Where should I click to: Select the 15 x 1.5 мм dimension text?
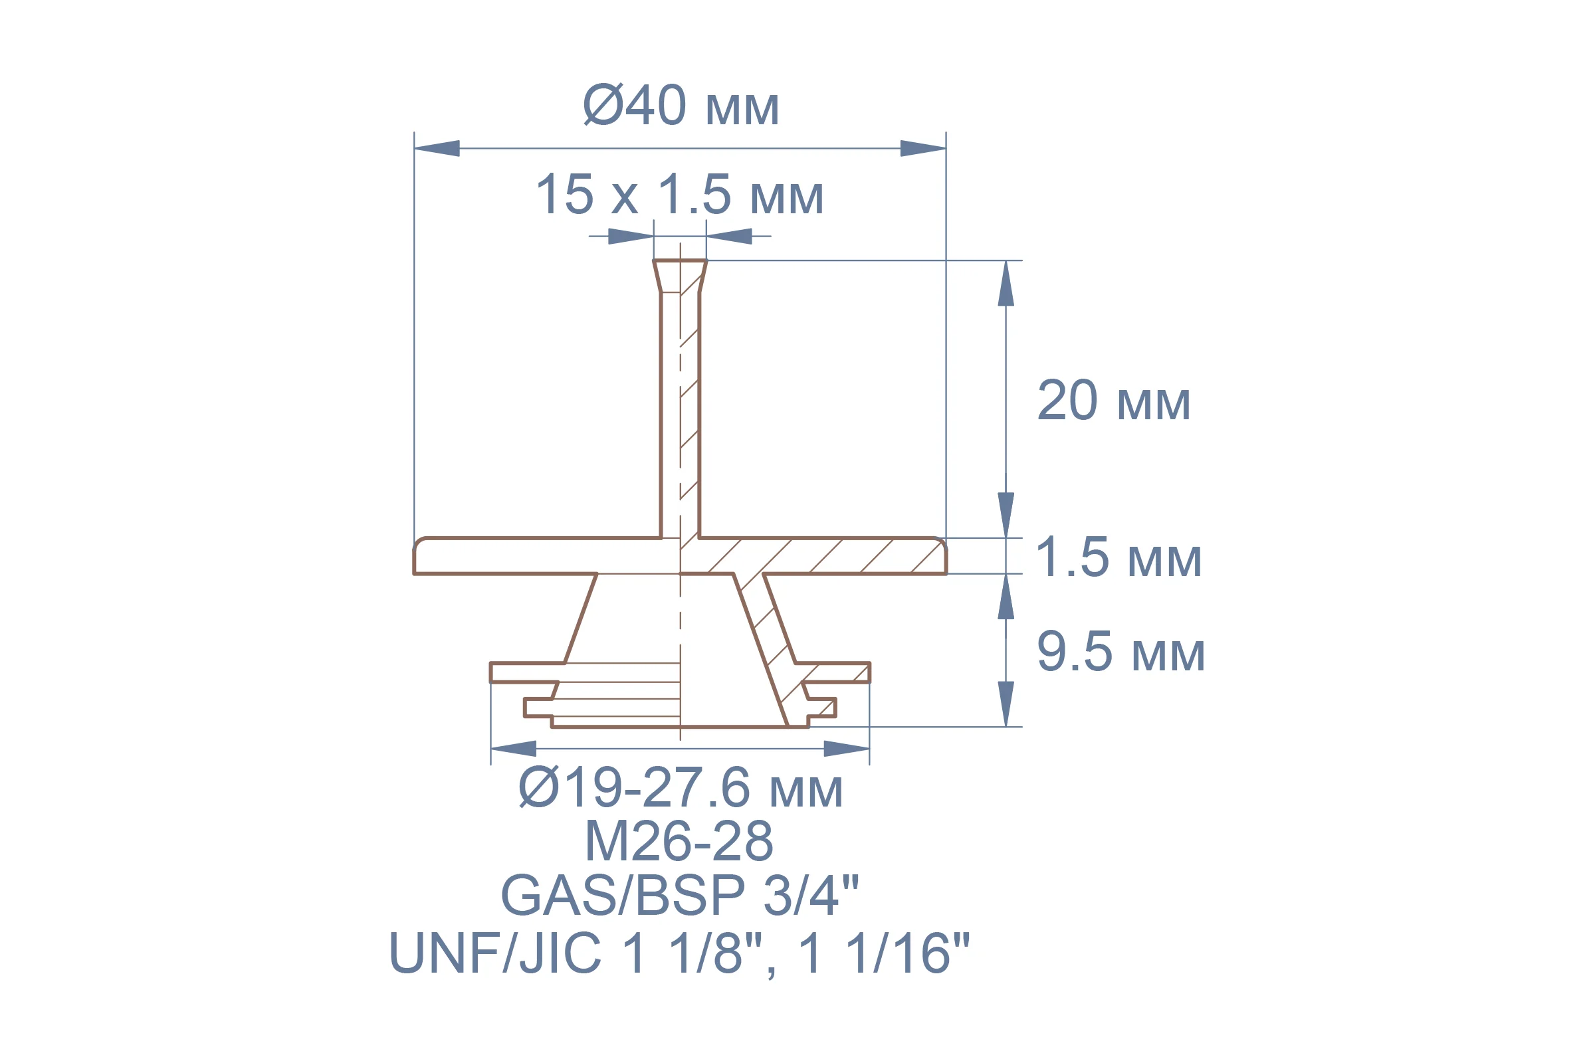[x=679, y=195]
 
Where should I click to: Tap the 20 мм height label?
[x=1114, y=401]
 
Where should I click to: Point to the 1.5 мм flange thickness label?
[x=1119, y=557]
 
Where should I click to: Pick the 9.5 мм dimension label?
[x=1121, y=652]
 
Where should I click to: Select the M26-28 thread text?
[x=679, y=840]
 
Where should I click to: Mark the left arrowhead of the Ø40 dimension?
[x=437, y=148]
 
